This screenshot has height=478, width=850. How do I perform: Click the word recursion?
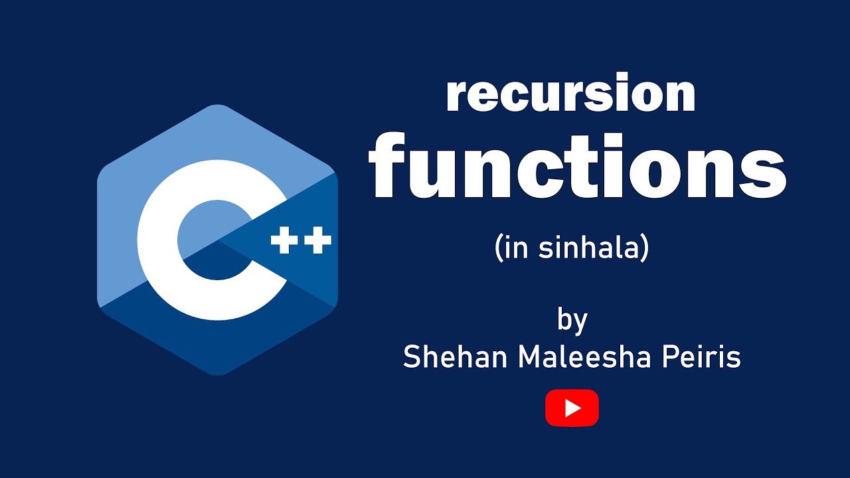click(571, 95)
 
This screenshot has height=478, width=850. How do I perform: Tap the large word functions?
click(577, 167)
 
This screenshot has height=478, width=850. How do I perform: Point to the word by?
click(572, 321)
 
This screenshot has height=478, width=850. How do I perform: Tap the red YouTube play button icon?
click(572, 408)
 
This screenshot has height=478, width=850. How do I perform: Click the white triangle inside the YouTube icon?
click(572, 408)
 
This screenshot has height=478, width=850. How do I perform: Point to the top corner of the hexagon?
click(218, 106)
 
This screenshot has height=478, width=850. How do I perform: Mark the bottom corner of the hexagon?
click(218, 374)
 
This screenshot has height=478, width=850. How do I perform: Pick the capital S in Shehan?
click(413, 358)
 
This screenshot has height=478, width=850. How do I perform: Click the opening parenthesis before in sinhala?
click(499, 248)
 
